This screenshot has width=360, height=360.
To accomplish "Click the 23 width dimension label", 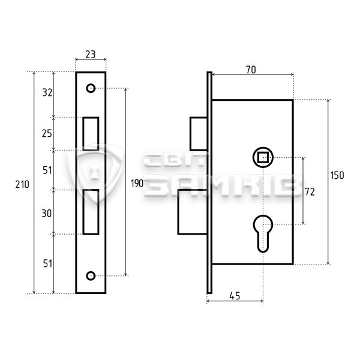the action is pyautogui.click(x=91, y=55).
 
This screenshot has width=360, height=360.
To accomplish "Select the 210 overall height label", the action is pyautogui.click(x=22, y=184).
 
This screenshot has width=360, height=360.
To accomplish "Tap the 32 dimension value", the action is pyautogui.click(x=47, y=92).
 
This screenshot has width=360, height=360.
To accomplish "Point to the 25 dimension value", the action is pyautogui.click(x=47, y=133).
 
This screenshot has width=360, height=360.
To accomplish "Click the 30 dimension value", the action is pyautogui.click(x=47, y=214).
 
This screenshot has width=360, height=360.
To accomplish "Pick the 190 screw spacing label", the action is pyautogui.click(x=137, y=184).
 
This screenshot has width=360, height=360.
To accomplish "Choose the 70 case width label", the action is pyautogui.click(x=251, y=70).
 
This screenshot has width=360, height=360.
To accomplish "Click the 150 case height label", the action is pyautogui.click(x=337, y=175).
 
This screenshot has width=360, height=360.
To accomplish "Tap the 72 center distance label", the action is pyautogui.click(x=310, y=192).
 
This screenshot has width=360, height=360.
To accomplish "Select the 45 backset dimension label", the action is pyautogui.click(x=235, y=296).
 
